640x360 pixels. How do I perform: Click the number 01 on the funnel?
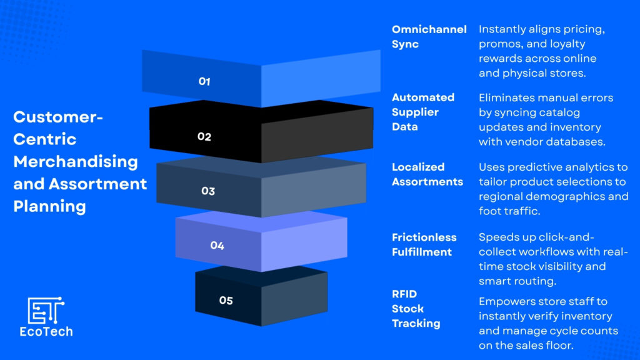coord(204,82)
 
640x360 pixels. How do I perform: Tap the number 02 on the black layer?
coord(204,136)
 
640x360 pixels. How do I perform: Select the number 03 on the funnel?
coord(208,191)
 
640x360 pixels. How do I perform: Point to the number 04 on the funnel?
coord(217,245)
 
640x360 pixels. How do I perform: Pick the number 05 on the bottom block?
coord(226,301)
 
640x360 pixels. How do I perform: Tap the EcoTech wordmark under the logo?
coord(46,331)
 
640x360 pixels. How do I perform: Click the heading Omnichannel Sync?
coord(429,37)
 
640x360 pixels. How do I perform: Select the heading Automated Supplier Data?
coord(423,112)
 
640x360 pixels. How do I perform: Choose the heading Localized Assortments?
coord(427,174)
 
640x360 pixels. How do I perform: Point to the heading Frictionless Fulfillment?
coord(424,244)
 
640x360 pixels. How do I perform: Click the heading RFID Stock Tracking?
coord(416,309)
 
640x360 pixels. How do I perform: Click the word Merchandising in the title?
coord(76,162)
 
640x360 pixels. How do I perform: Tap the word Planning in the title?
coord(50,206)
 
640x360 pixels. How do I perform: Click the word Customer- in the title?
coord(58,117)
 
